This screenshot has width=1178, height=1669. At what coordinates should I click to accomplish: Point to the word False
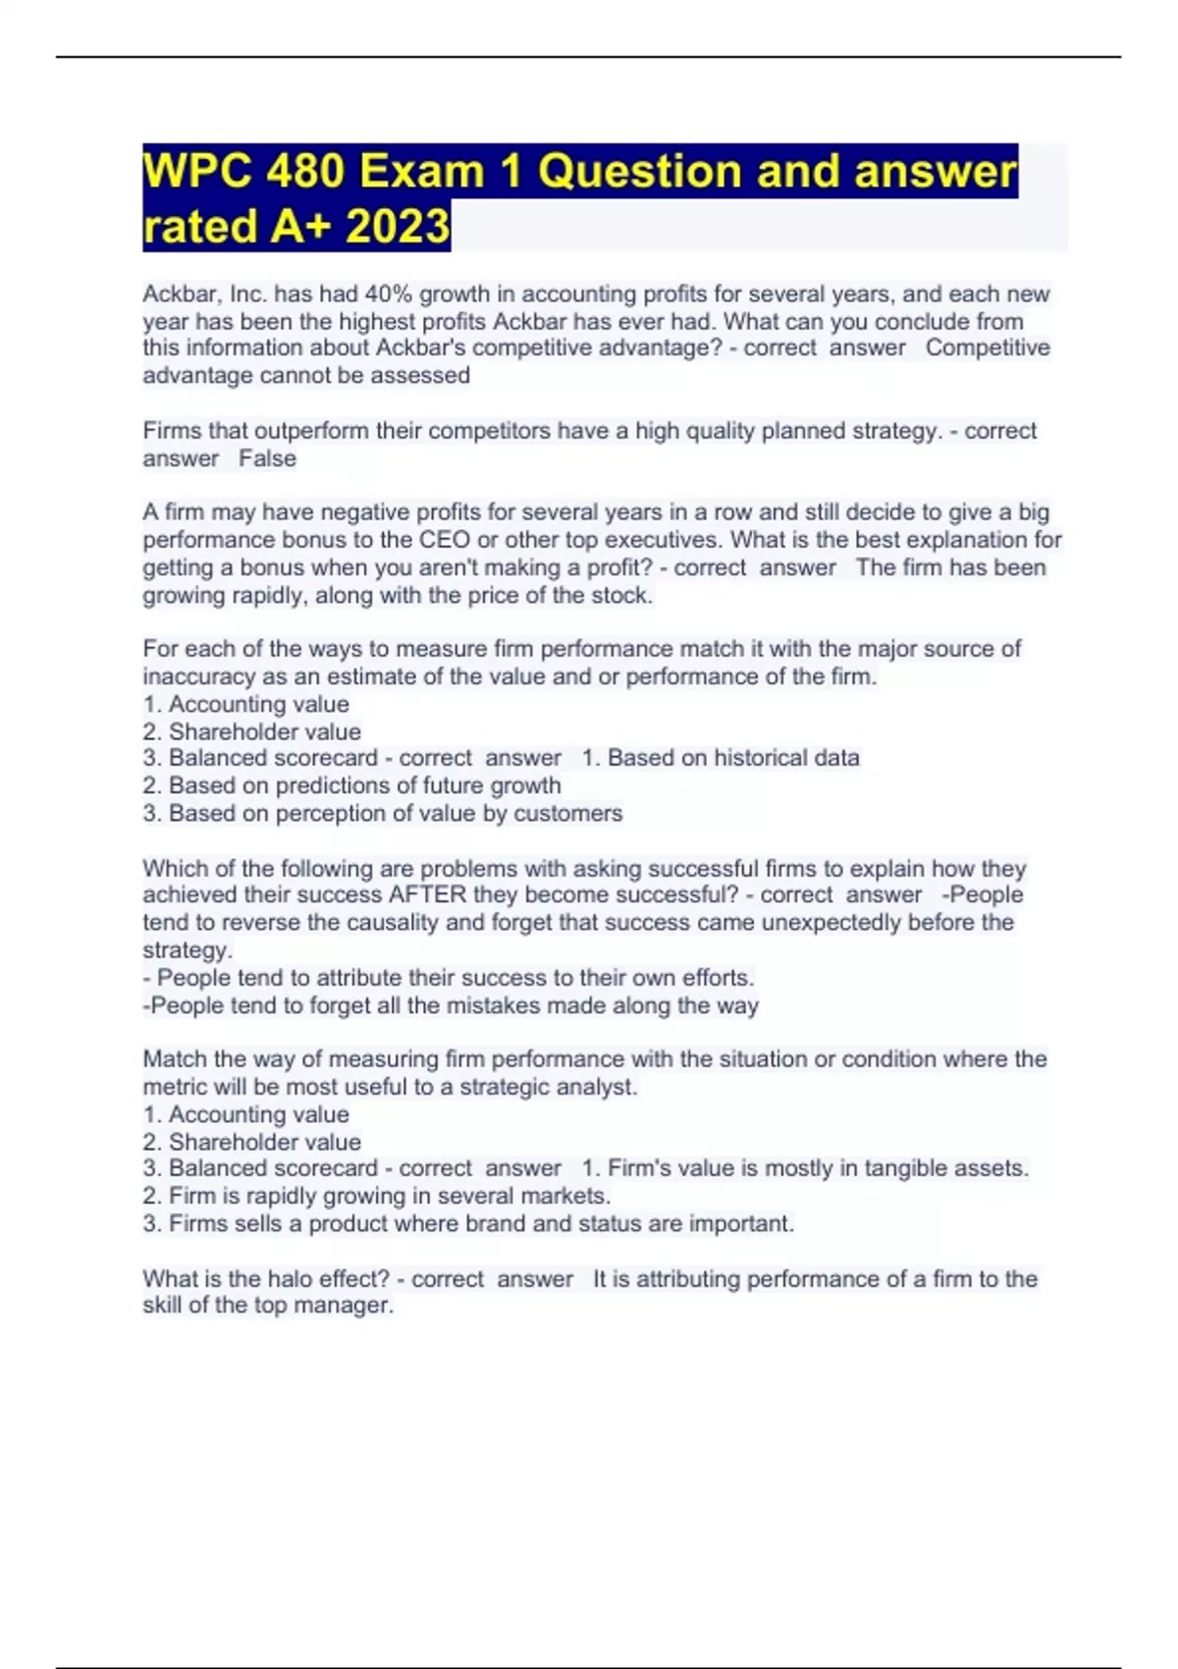(267, 458)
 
